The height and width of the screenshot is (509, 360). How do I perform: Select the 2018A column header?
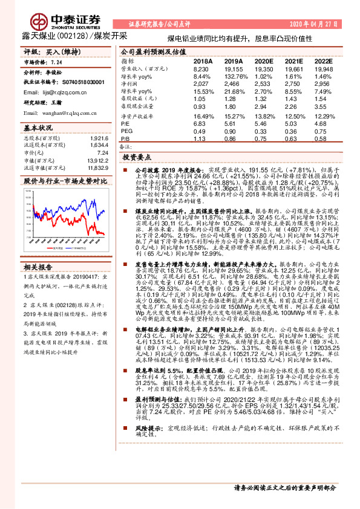[x=202, y=62]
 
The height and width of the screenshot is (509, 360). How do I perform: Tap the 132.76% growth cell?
[x=234, y=77]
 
